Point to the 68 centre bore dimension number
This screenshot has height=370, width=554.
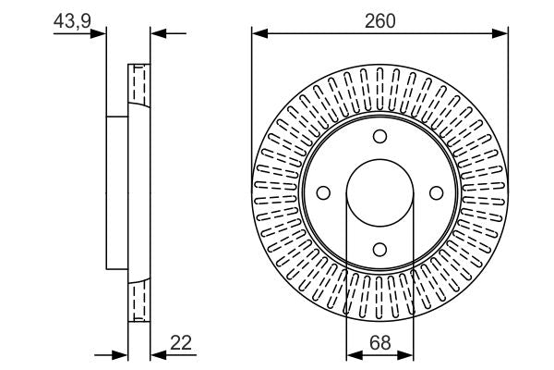tap(379, 341)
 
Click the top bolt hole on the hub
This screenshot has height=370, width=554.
tap(379, 137)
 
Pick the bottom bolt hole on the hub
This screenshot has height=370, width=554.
tap(379, 248)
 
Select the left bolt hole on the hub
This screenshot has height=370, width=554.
tap(323, 192)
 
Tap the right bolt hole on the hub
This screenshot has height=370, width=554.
tap(435, 192)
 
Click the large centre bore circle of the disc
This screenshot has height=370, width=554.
tap(379, 192)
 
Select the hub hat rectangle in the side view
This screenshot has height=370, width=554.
tap(116, 192)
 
